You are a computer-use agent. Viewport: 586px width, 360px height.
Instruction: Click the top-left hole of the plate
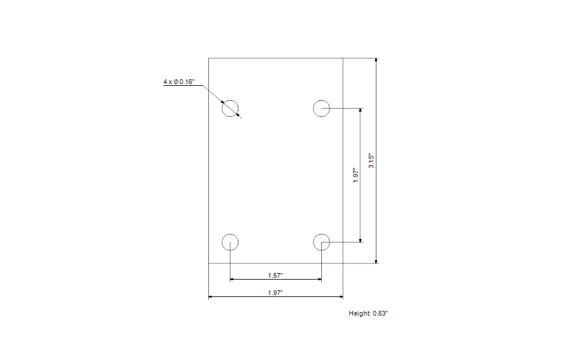[x=231, y=109]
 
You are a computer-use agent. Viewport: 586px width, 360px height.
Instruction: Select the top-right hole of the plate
[x=322, y=109]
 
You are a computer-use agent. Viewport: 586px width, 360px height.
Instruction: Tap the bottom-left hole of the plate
[x=231, y=242]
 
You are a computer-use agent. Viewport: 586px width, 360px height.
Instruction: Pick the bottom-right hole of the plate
[x=322, y=242]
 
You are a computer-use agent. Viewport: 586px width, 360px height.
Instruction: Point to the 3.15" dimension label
[x=372, y=161]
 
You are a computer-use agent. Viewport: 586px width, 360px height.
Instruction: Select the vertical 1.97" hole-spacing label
[x=356, y=175]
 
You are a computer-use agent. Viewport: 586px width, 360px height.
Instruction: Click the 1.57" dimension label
[x=276, y=275]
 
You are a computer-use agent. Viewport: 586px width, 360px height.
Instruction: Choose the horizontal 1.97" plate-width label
[x=276, y=292]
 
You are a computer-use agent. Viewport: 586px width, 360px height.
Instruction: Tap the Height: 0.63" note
[x=373, y=313]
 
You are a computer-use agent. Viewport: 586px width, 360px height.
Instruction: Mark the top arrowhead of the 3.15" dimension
[x=376, y=60]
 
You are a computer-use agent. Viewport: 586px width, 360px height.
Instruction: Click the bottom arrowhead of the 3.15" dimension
[x=376, y=261]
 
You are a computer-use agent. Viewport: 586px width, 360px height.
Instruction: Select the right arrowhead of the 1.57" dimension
[x=319, y=280]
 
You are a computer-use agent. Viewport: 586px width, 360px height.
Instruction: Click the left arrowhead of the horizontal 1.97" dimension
[x=211, y=296]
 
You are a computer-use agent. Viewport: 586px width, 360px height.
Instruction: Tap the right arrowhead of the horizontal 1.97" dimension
[x=340, y=296]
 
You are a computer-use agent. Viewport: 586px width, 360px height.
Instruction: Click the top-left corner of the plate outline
[x=208, y=58]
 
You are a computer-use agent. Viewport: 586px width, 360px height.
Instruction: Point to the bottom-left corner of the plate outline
[x=208, y=263]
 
